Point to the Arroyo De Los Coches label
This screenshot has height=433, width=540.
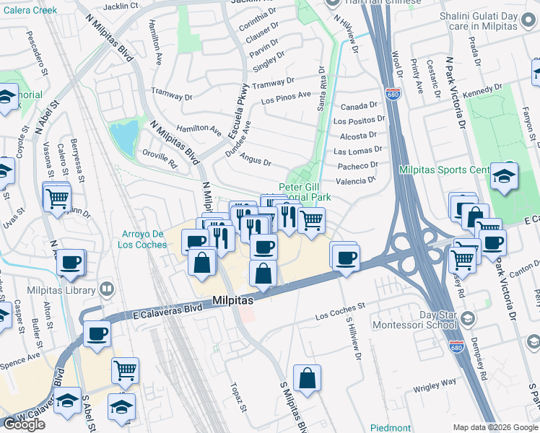[141, 239]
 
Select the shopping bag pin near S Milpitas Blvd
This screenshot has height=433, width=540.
[307, 378]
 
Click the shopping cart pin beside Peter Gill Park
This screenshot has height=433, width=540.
[311, 219]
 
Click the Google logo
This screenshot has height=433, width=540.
[25, 424]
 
